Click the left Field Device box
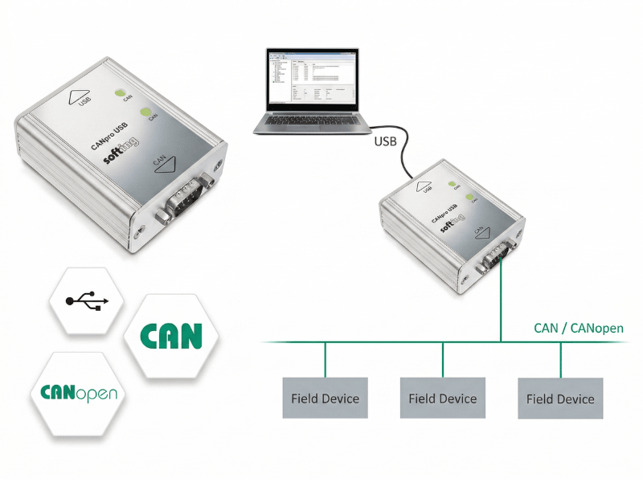pyautogui.click(x=325, y=398)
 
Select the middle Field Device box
pyautogui.click(x=442, y=398)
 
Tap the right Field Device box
pyautogui.click(x=560, y=398)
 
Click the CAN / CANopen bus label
pyautogui.click(x=578, y=329)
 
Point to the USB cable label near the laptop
pyautogui.click(x=386, y=142)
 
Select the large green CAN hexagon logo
pyautogui.click(x=170, y=336)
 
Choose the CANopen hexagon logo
pyautogui.click(x=79, y=394)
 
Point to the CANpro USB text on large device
pyautogui.click(x=113, y=135)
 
